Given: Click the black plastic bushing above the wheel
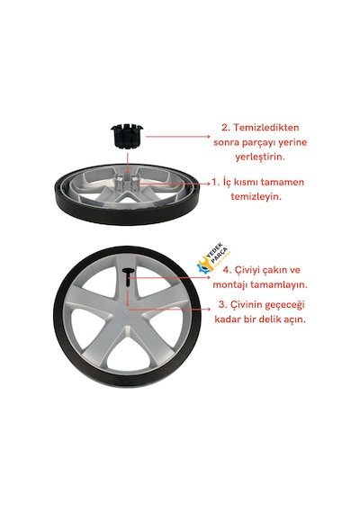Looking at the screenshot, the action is coord(127,137).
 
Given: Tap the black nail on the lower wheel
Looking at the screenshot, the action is coord(128,277).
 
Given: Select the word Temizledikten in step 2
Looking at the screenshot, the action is coord(265,128).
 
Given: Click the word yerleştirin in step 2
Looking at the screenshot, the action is coord(260,157).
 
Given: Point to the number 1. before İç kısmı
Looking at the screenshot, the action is coord(215,182).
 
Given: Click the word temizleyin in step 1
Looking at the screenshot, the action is coord(256,197).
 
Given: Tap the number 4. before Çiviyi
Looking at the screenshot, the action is coord(227,270).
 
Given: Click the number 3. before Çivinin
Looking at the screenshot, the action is coord(223,304).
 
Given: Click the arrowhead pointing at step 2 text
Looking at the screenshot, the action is coord(207,137).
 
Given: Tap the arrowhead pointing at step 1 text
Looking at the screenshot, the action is coord(208,184).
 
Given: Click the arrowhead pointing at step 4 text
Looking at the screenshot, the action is coord(208,277).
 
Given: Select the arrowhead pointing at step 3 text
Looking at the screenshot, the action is coord(208,309).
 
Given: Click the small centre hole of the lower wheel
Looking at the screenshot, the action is coord(128,310).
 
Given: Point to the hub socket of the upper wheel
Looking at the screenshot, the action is coord(127,183).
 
